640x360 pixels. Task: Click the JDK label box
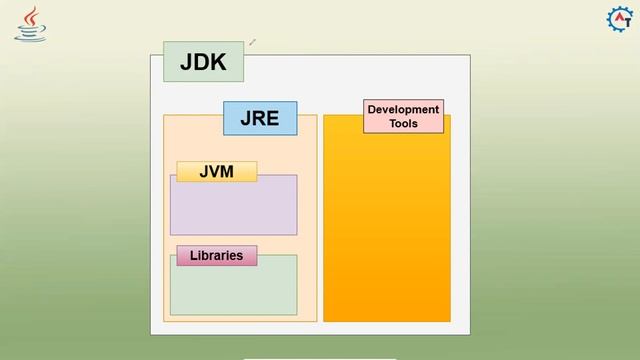203,62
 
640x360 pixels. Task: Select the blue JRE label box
259,118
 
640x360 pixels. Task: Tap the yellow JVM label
216,171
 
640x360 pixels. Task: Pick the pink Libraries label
216,255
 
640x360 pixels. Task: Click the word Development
403,110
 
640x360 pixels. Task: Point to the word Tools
403,124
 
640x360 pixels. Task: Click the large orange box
387,230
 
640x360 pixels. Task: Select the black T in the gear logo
624,22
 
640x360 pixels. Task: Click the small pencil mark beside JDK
253,42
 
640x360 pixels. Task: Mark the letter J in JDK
187,63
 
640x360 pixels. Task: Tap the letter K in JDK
219,63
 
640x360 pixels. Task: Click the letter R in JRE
259,118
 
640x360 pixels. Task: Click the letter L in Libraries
193,255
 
